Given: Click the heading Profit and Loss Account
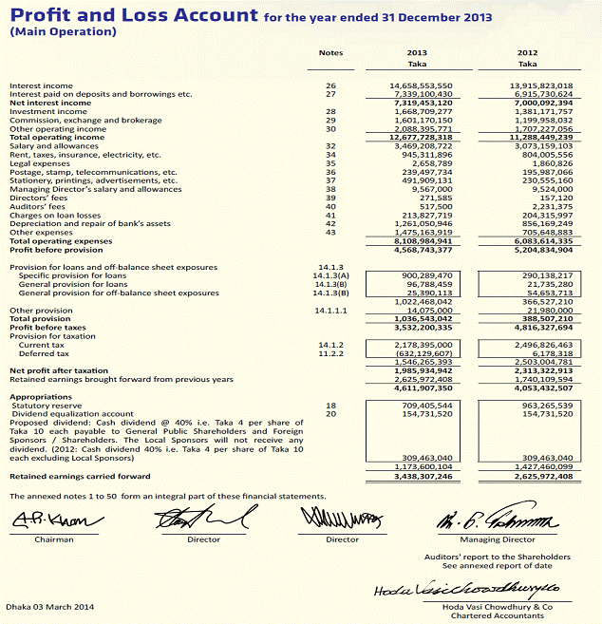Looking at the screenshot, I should pyautogui.click(x=134, y=15).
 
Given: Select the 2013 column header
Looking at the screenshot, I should pyautogui.click(x=417, y=53).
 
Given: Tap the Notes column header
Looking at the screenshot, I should pyautogui.click(x=331, y=53).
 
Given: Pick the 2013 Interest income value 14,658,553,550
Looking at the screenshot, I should pyautogui.click(x=421, y=85).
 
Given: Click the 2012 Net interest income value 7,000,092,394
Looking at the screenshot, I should pyautogui.click(x=536, y=103).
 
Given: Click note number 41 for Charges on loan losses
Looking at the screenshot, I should pyautogui.click(x=331, y=215).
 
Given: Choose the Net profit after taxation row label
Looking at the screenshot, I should pyautogui.click(x=59, y=370).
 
